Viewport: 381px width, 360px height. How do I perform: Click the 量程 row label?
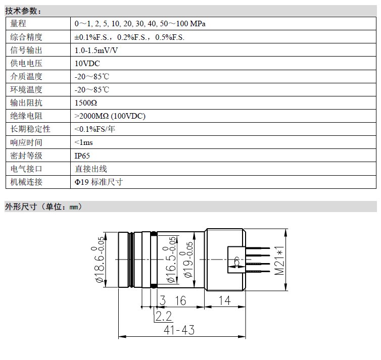pos(18,24)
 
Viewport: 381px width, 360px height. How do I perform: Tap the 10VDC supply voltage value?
pos(87,63)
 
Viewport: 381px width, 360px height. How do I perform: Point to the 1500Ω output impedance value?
pos(86,102)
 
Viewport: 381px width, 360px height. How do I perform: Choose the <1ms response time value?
pos(83,142)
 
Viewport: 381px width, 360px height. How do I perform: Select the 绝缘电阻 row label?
pos(26,116)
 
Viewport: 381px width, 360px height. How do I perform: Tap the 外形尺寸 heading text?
pos(21,207)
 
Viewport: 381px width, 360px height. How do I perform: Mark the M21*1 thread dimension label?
pos(279,260)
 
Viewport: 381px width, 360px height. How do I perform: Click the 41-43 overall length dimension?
pos(179,330)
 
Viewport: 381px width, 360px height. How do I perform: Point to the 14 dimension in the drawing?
pos(224,300)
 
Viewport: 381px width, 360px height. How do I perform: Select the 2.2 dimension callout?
pos(164,316)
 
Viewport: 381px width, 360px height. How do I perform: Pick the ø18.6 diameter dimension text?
pos(100,260)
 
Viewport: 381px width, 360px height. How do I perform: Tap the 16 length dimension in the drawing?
pos(180,300)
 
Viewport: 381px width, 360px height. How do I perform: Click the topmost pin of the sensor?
pos(258,248)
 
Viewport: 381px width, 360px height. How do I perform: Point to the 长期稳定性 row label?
pos(30,129)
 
